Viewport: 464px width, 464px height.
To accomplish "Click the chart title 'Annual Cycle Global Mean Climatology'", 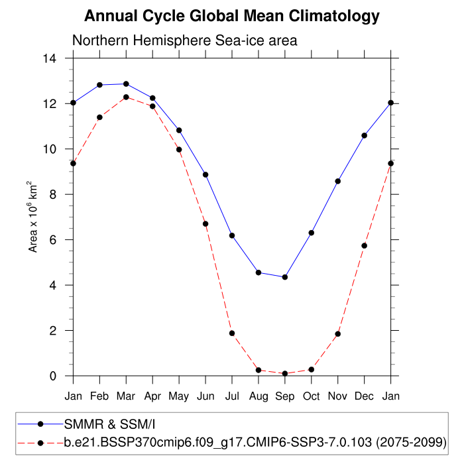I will (232, 16).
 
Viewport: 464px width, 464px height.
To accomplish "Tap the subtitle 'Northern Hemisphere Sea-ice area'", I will (184, 41).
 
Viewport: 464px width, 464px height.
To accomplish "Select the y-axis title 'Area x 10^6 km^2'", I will (32, 217).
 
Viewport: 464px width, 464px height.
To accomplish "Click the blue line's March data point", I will (126, 84).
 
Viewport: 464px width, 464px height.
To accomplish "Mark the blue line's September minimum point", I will (285, 277).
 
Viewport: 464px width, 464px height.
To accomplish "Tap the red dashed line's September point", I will (285, 374).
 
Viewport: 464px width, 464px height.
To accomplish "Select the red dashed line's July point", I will (232, 333).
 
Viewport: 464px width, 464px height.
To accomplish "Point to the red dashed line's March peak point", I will (126, 97).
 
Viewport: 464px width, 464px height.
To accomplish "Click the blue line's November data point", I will (338, 181).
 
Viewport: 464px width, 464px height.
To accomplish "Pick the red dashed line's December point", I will (365, 246).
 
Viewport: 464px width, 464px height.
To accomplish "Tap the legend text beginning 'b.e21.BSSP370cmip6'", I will (255, 441).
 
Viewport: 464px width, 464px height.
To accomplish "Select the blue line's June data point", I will (205, 175).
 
